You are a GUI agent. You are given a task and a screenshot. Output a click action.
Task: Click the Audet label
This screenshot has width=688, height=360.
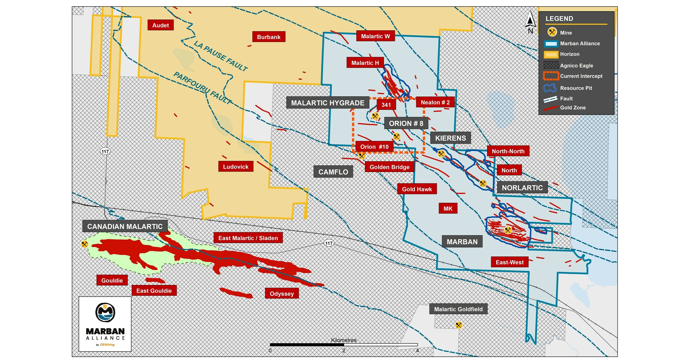pos(161,25)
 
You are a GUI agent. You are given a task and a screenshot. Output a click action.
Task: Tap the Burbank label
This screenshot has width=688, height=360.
pos(268,37)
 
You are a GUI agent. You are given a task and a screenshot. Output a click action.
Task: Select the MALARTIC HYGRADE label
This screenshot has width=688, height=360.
pos(328,103)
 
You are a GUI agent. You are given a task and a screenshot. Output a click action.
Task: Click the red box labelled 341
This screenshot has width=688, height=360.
pos(386,105)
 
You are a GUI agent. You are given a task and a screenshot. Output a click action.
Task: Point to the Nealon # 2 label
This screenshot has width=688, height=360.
pos(435,102)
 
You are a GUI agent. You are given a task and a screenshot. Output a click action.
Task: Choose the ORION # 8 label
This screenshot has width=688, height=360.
pos(406,123)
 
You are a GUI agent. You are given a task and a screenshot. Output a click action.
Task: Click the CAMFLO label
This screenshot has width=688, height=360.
pos(333,172)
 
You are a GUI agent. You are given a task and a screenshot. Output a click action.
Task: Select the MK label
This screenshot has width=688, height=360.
pos(448,208)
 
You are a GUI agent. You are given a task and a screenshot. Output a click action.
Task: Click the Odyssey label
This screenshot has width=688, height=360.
pos(281,293)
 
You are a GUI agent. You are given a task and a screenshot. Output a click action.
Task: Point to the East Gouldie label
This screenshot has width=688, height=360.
pos(154,290)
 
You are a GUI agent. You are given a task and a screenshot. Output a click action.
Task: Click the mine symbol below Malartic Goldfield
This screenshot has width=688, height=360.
pos(458,325)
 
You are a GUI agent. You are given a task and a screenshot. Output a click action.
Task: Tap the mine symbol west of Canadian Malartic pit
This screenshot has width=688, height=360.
pos(84,244)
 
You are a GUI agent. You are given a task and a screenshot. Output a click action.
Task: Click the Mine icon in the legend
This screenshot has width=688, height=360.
pos(552,32)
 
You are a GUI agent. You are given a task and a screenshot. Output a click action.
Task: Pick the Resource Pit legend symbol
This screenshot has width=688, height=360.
pos(550,88)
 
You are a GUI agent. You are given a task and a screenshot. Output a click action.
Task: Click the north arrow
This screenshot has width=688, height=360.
pos(530,21)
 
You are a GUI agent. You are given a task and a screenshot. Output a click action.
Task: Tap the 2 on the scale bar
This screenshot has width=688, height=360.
pos(343,350)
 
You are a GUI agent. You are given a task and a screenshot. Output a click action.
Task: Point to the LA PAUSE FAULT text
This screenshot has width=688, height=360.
pos(220,56)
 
